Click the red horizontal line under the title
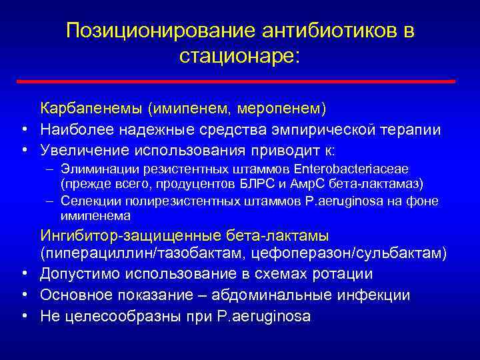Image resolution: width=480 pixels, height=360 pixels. click(239, 81)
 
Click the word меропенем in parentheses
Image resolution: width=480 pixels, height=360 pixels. click(289, 108)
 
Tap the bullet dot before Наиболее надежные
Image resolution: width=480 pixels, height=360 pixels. click(23, 129)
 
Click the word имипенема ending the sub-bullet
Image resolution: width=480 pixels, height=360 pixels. click(96, 215)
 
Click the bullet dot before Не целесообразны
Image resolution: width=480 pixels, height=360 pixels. click(23, 316)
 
